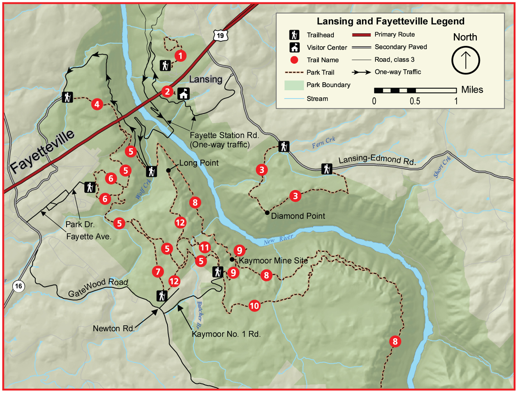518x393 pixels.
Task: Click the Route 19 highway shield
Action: click(x=220, y=35)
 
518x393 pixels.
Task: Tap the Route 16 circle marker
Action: click(x=18, y=286)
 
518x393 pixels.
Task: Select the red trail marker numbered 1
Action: click(x=180, y=56)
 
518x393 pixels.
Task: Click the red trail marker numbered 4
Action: click(x=97, y=104)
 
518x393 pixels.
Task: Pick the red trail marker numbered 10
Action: click(x=254, y=306)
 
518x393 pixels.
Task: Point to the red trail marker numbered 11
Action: click(x=204, y=248)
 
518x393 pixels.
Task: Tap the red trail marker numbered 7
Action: click(x=158, y=271)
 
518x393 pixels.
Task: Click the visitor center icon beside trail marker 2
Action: click(x=183, y=93)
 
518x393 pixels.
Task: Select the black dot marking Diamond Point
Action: click(x=267, y=213)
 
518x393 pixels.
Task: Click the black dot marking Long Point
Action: click(x=168, y=170)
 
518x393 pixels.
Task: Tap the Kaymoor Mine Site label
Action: click(x=273, y=261)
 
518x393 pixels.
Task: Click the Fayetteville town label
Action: click(x=42, y=151)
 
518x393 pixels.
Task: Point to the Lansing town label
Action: click(x=206, y=79)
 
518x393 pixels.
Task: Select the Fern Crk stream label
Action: click(x=323, y=142)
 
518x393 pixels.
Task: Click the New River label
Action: click(x=278, y=239)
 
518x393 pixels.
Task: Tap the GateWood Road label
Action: click(x=98, y=288)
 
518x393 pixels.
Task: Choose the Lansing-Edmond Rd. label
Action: click(x=377, y=159)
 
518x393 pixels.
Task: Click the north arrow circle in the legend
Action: click(x=465, y=60)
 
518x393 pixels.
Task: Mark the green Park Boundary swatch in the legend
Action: click(x=293, y=85)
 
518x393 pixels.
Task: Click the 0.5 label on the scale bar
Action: click(x=415, y=101)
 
